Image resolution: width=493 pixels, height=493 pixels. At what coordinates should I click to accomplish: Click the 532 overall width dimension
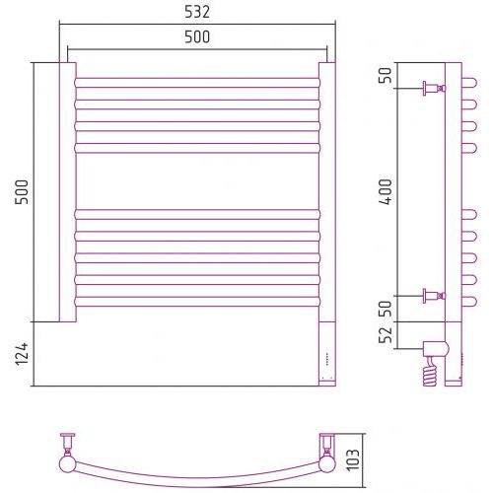[197, 12]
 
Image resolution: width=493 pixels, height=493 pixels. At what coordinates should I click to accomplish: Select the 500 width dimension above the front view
[197, 37]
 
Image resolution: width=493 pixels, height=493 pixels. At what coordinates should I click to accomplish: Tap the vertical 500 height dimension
[22, 192]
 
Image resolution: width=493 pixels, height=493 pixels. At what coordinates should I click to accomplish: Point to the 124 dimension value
[22, 354]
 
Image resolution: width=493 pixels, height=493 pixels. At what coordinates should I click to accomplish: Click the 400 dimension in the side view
[386, 192]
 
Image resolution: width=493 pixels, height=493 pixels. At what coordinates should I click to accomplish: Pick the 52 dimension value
[386, 335]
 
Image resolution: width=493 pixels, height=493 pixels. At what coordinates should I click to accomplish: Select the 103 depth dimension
[354, 460]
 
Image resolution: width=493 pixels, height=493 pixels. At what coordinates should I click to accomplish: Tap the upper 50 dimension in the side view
[386, 75]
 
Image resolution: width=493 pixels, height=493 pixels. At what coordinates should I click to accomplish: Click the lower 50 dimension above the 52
[386, 309]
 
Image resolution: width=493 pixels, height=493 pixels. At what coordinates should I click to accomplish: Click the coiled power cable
[431, 373]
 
